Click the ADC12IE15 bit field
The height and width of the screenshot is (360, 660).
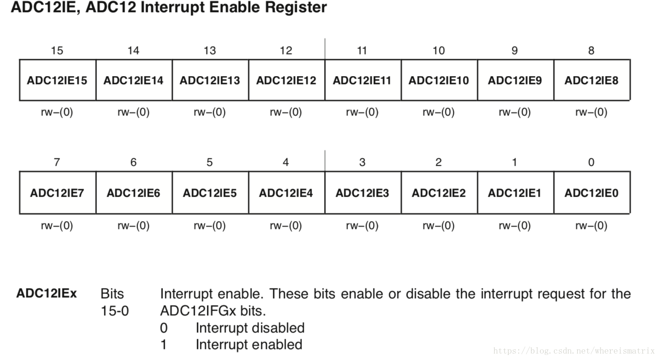[57, 80]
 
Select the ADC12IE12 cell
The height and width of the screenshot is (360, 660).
[286, 80]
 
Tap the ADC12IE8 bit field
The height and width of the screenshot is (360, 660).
[591, 80]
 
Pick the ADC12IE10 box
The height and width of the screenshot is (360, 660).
[438, 80]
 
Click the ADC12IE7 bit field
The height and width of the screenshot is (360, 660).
[57, 192]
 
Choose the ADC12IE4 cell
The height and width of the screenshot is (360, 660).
[286, 192]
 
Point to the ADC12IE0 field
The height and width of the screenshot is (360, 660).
[591, 192]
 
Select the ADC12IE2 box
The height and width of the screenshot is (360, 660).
[438, 192]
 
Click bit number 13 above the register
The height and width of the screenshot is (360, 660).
[210, 50]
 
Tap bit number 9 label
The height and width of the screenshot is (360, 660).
[515, 50]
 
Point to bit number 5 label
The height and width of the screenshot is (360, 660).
[210, 162]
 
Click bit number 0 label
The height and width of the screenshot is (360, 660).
[591, 162]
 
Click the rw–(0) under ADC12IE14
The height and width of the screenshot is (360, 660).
[133, 112]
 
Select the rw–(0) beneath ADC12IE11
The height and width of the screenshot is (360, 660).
[362, 112]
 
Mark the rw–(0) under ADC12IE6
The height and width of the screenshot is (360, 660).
[133, 225]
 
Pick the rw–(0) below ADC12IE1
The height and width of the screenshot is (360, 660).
[515, 225]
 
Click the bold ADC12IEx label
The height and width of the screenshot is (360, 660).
[47, 294]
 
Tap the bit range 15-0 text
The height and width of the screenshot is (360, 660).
[115, 311]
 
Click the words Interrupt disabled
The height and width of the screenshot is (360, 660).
[250, 328]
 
